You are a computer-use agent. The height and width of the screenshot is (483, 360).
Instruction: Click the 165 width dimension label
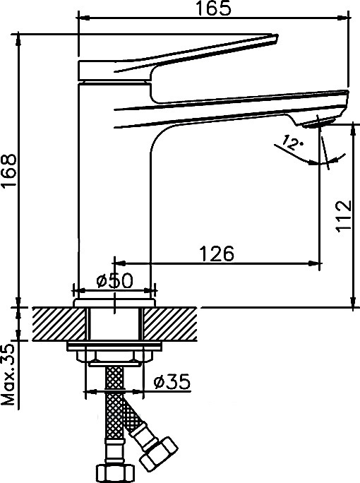tap(213, 8)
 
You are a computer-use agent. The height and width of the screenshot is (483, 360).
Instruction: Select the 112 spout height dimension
tap(343, 215)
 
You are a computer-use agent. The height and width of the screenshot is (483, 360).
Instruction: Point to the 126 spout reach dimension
tap(217, 254)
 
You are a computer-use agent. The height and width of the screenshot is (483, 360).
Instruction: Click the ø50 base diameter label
tap(114, 280)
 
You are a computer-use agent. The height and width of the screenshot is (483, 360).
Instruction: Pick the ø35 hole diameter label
tap(172, 382)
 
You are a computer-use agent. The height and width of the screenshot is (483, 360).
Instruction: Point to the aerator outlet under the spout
tap(316, 123)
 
